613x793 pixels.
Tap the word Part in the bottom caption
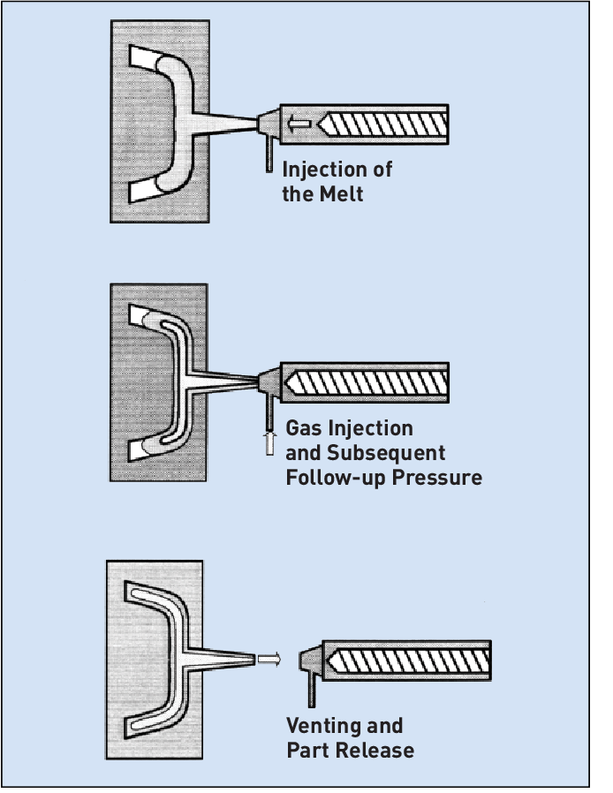click(x=306, y=751)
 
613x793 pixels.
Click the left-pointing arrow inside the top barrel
click(x=300, y=125)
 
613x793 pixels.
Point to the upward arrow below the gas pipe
click(x=270, y=442)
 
